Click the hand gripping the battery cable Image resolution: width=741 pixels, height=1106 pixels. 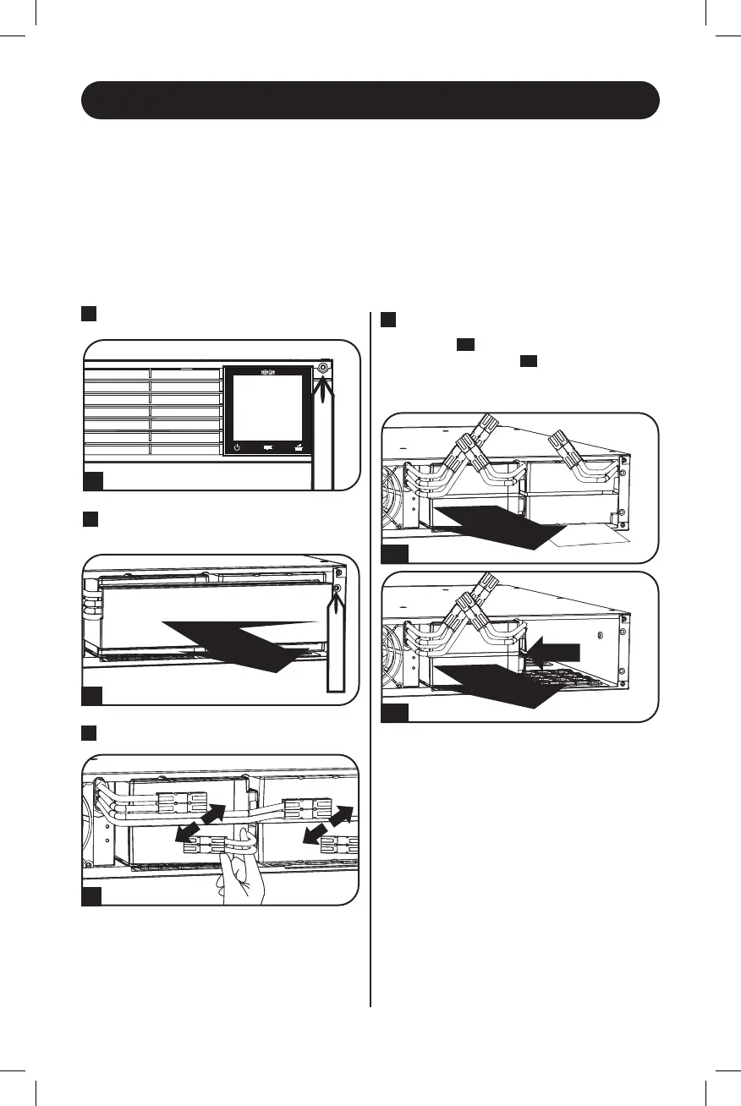coord(241,879)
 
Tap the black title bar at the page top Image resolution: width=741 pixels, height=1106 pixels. coord(370,100)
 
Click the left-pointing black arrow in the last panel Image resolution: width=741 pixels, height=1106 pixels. coord(559,650)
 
